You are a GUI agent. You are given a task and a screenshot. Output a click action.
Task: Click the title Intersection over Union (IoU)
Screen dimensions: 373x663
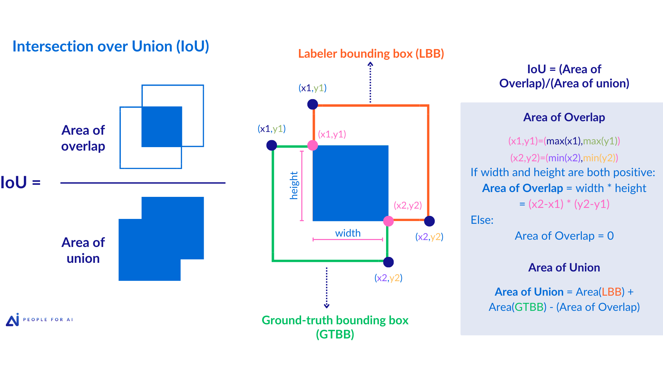click(110, 46)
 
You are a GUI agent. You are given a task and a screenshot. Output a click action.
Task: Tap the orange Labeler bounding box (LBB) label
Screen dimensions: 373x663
click(371, 54)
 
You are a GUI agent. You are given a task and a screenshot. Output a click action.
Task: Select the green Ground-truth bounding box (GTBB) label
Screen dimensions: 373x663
click(335, 327)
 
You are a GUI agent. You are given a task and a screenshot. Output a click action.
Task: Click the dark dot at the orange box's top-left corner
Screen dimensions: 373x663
click(313, 104)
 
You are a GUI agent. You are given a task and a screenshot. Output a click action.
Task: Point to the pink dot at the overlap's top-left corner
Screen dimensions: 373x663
click(313, 145)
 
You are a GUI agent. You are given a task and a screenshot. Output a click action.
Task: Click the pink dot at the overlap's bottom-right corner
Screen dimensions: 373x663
click(388, 221)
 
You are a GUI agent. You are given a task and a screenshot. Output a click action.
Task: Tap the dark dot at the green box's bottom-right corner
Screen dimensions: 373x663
click(388, 262)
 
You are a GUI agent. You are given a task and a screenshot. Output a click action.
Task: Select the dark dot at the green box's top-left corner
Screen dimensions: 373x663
click(272, 145)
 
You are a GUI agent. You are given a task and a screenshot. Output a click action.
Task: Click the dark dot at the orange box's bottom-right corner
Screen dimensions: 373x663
click(429, 221)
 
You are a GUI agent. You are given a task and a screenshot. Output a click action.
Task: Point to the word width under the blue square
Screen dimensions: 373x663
click(348, 233)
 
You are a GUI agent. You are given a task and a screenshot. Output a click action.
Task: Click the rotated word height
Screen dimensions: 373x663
click(294, 185)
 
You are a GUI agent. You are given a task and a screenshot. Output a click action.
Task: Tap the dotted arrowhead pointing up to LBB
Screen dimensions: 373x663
click(370, 64)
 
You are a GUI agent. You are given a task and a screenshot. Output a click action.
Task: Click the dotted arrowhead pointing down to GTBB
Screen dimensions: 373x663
click(327, 306)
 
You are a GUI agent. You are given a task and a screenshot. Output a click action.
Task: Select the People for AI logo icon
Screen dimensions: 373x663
click(13, 320)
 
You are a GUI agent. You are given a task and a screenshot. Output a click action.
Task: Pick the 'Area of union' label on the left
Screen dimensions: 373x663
click(83, 250)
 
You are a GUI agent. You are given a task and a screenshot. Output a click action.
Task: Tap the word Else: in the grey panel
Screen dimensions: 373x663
click(482, 220)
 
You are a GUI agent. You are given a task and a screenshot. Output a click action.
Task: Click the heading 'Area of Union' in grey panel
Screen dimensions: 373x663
click(564, 268)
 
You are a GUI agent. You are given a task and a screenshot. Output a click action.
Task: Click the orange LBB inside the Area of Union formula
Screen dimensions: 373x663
click(612, 292)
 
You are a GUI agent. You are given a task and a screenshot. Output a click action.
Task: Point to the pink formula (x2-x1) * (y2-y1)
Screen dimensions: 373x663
click(569, 204)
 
